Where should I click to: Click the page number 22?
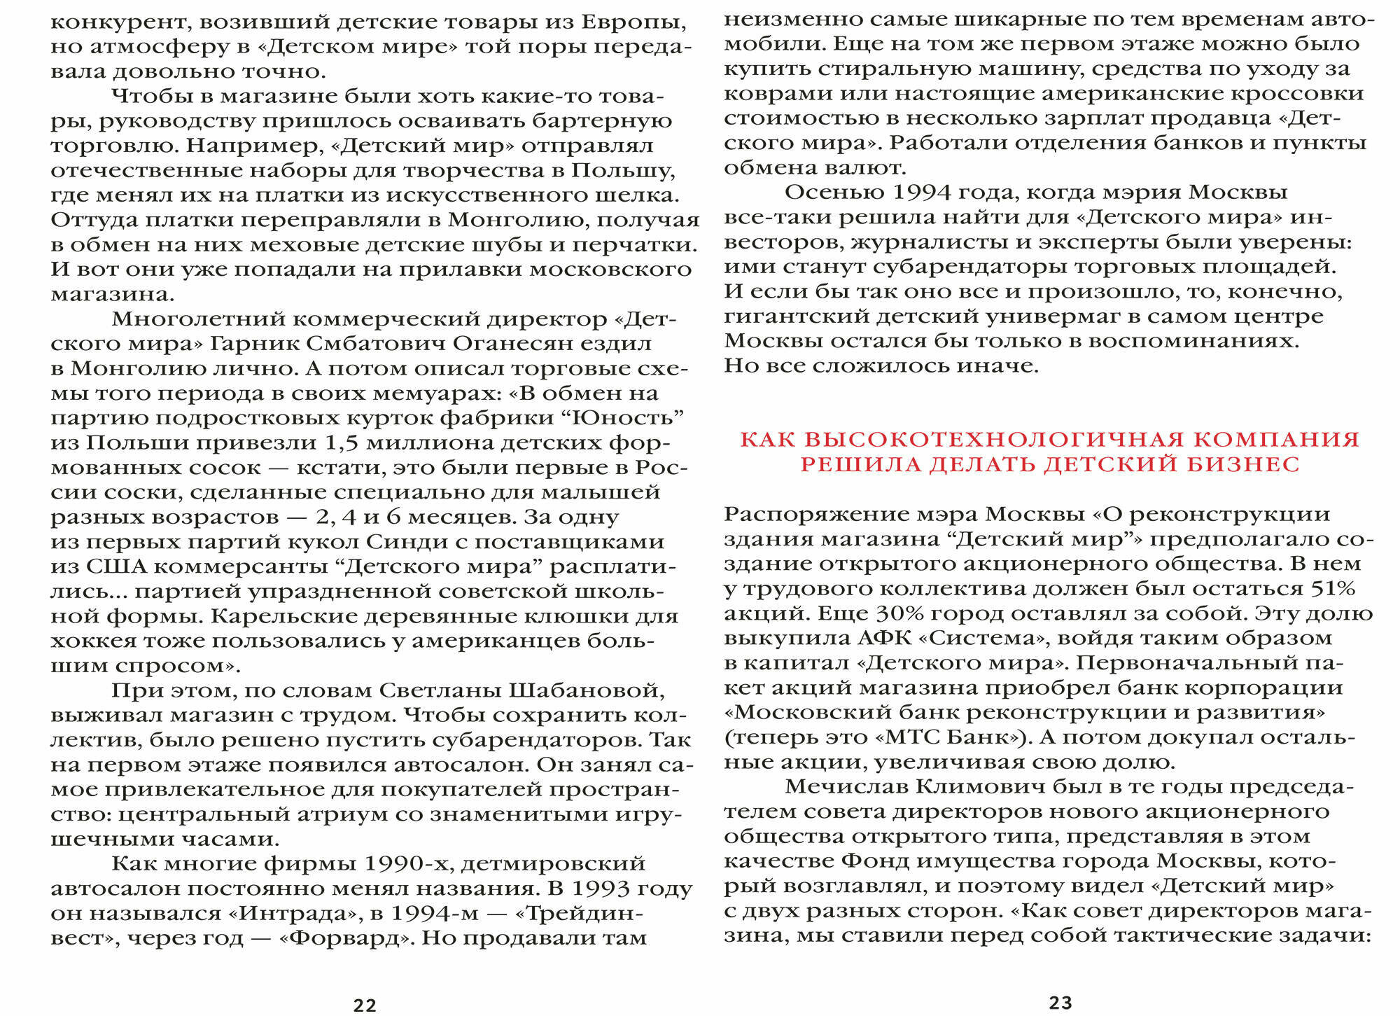(x=365, y=1005)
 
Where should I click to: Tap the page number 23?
(x=1060, y=1003)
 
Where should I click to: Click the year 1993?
(x=600, y=888)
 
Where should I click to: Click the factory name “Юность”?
(x=627, y=418)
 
